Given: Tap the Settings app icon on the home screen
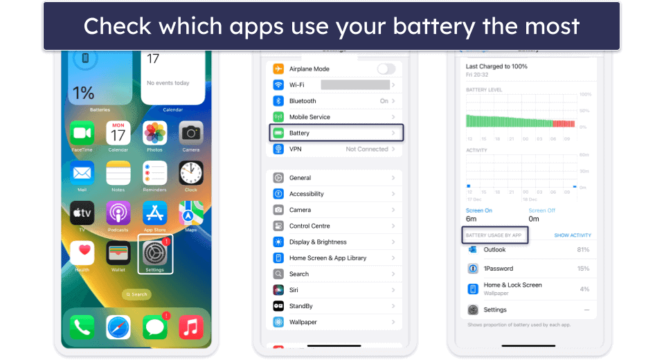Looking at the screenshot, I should point(154,253).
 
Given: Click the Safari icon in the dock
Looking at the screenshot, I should point(118,327).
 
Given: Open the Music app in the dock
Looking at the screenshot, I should point(190,327).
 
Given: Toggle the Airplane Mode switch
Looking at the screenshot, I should point(386,69).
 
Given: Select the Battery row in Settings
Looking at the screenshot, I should point(336,133).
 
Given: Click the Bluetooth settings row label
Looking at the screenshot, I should point(303,101).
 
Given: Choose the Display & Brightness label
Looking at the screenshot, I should point(317,242).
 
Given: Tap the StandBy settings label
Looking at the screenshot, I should point(300,306).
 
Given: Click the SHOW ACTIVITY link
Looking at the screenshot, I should point(572,235).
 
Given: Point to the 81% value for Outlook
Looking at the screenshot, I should point(582,250).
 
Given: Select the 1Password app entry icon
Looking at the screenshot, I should point(473,269).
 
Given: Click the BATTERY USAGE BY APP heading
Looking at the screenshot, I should point(494,235).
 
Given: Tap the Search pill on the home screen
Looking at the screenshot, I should point(136,294).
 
